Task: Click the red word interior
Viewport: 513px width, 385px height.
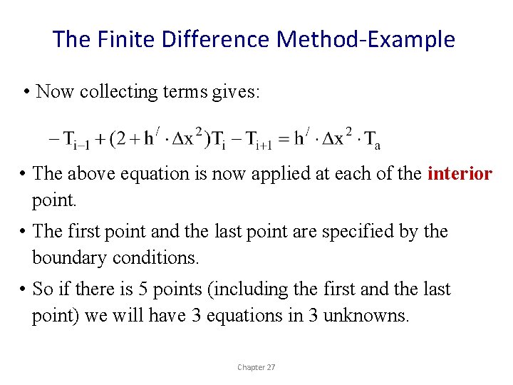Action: [460, 174]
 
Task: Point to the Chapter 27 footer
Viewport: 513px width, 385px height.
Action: [256, 367]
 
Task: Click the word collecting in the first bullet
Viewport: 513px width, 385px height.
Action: [119, 92]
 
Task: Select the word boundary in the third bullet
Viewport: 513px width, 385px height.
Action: [69, 257]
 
